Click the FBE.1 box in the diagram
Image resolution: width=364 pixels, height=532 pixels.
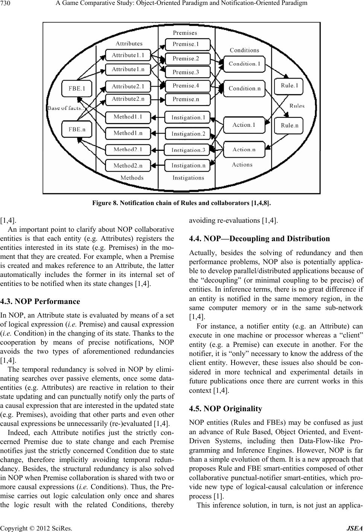point(77,89)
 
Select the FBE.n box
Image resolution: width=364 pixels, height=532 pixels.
point(77,129)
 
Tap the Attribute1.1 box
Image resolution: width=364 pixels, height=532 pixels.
point(128,55)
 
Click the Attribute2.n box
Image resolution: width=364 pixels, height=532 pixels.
point(128,99)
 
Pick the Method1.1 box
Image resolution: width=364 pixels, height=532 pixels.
point(128,117)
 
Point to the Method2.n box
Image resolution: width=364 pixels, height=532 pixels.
point(128,166)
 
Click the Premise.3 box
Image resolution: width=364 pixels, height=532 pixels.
point(186,72)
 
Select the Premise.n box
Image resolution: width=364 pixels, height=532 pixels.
point(186,99)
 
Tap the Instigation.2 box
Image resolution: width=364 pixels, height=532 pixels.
point(188,134)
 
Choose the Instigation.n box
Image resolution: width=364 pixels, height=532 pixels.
point(188,166)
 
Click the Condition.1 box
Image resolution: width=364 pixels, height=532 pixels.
point(244,64)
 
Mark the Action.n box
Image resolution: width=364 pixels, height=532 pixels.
point(244,149)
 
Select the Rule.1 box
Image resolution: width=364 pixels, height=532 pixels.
point(289,86)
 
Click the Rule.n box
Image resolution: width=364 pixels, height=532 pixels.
point(289,125)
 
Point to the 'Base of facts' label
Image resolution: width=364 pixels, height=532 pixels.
point(66,108)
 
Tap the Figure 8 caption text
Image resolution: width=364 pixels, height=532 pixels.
point(182,203)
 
